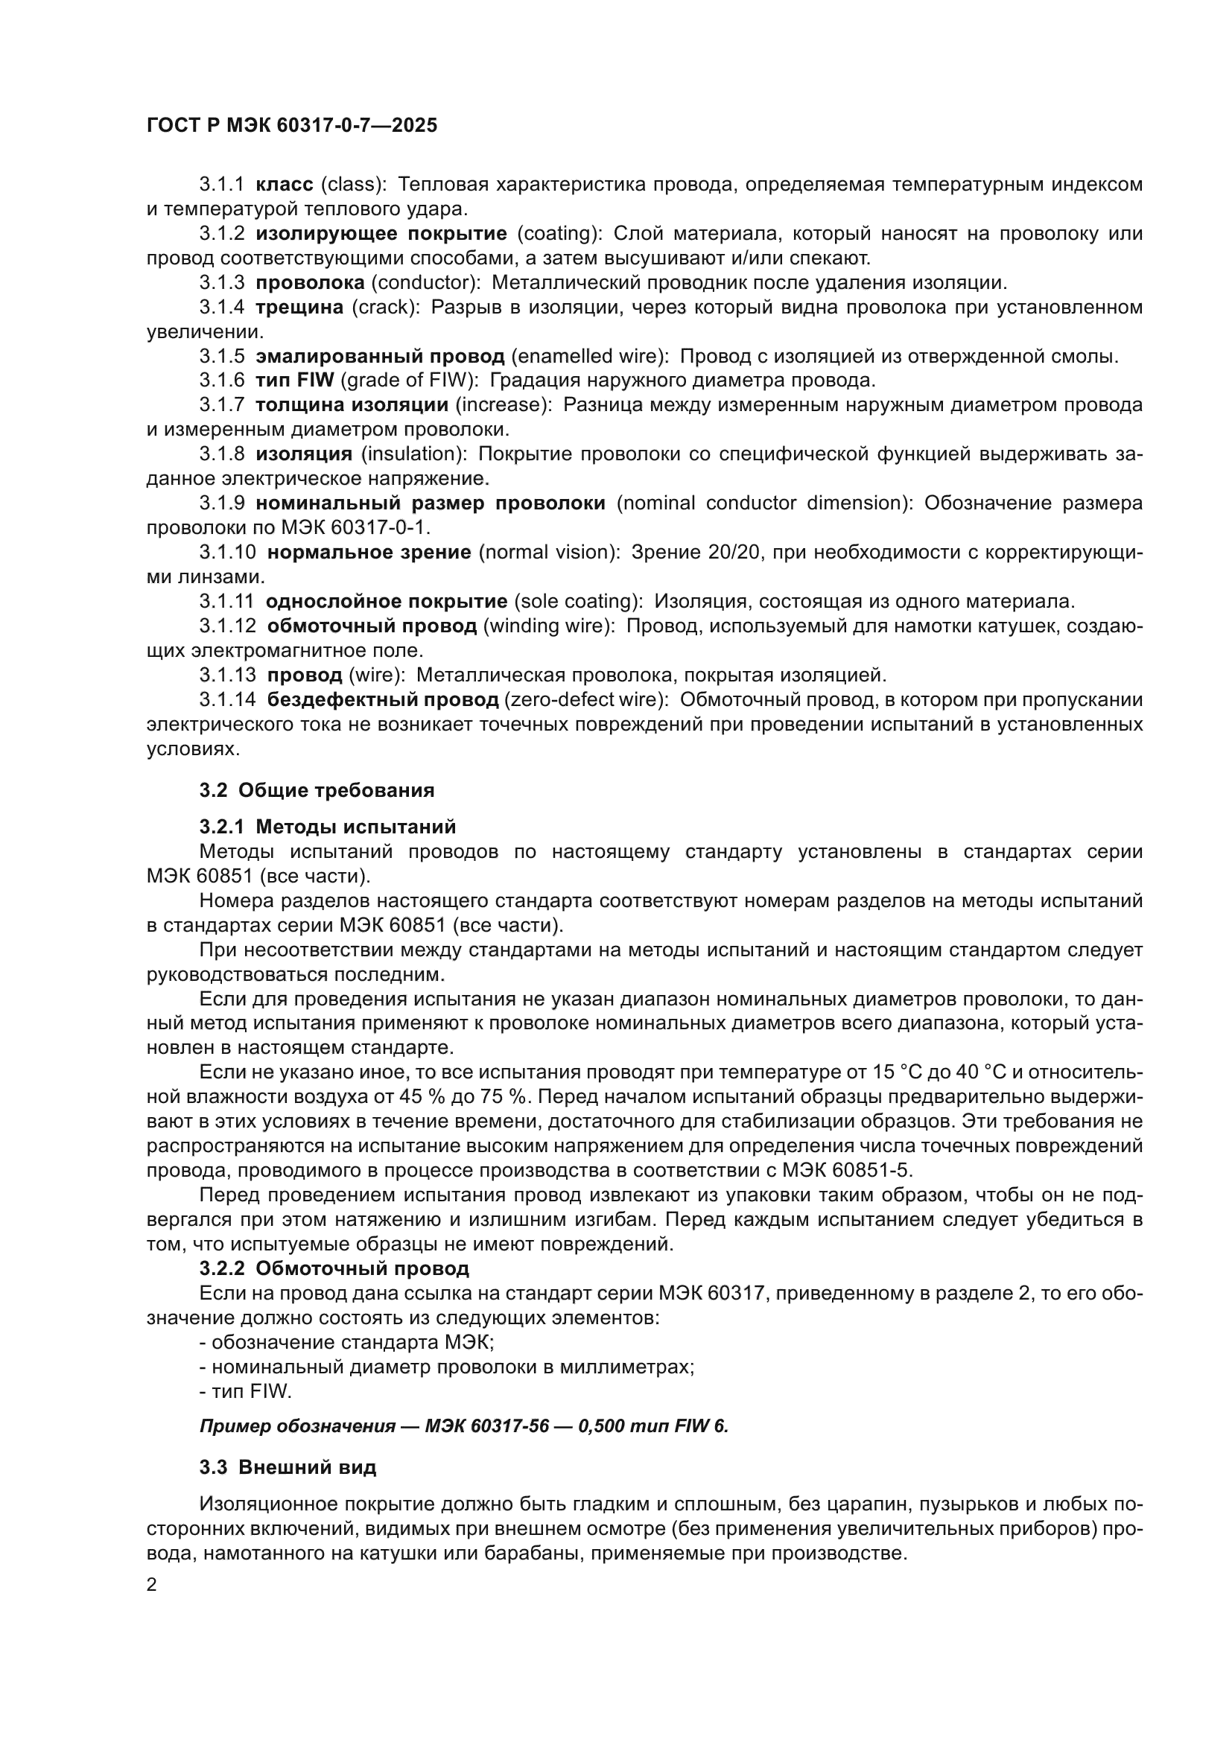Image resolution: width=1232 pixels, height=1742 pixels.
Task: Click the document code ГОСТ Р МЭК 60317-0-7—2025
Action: [x=292, y=126]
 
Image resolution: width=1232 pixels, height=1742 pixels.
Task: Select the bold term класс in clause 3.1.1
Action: [x=285, y=185]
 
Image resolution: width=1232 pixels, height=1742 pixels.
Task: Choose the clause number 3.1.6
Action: [x=222, y=380]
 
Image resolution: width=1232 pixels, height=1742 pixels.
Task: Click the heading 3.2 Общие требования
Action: [x=317, y=791]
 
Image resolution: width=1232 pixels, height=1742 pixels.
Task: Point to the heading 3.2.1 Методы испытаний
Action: [x=328, y=826]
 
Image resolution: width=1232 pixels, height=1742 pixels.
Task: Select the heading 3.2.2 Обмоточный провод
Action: [x=334, y=1268]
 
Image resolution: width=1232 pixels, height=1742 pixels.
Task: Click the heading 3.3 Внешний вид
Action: [x=288, y=1468]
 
